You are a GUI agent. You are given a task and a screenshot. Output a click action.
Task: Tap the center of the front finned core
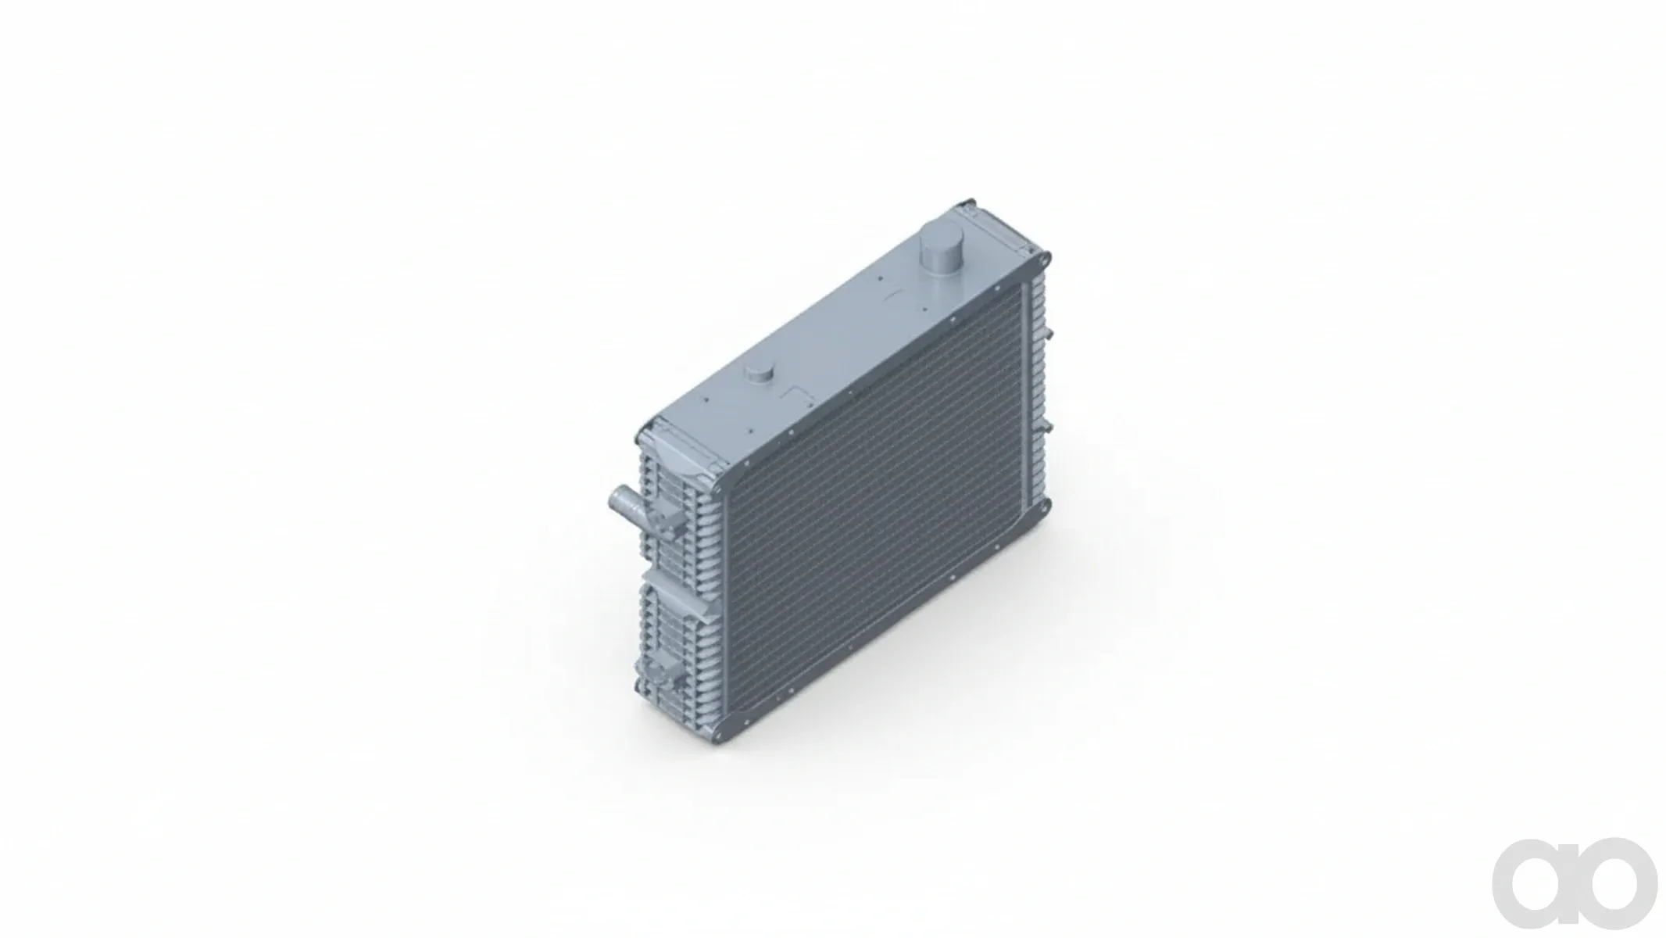(875, 508)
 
